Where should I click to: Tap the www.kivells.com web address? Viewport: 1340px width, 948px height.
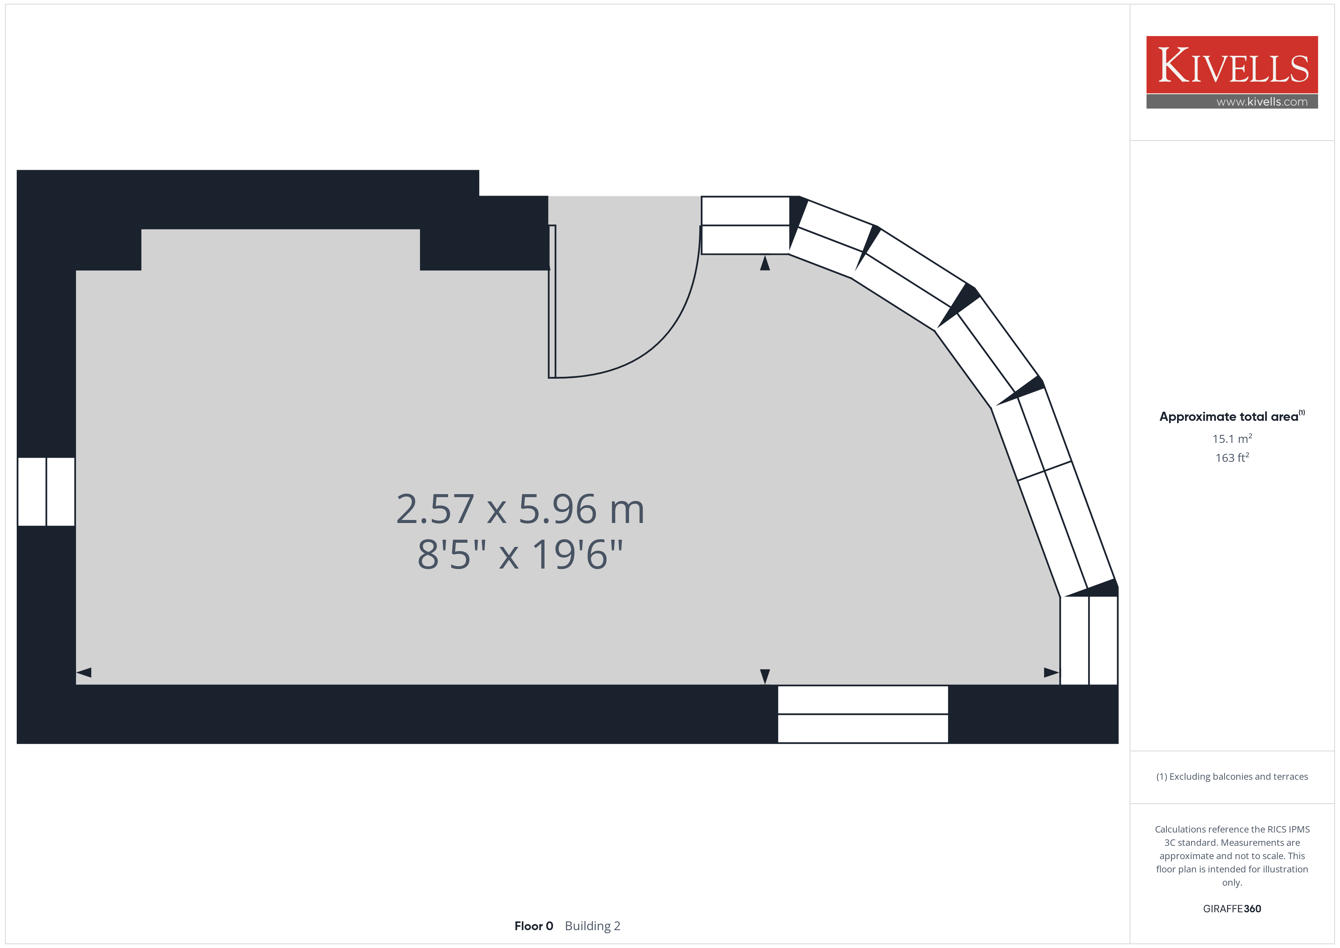1262,101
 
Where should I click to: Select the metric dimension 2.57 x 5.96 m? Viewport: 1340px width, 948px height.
520,509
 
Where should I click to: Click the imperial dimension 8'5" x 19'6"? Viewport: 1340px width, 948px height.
520,554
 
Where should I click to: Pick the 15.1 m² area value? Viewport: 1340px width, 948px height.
1232,438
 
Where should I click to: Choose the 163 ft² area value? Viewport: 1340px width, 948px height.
1232,458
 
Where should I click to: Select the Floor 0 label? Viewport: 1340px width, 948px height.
533,926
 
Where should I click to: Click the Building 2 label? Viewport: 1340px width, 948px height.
593,926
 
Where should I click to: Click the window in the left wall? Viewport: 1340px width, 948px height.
46,491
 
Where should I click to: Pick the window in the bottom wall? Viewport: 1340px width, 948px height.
863,714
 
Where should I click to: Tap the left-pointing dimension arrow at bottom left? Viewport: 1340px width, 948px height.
84,673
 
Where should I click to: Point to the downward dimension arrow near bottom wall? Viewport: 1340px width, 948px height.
765,676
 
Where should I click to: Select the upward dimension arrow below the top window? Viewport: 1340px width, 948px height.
765,263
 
